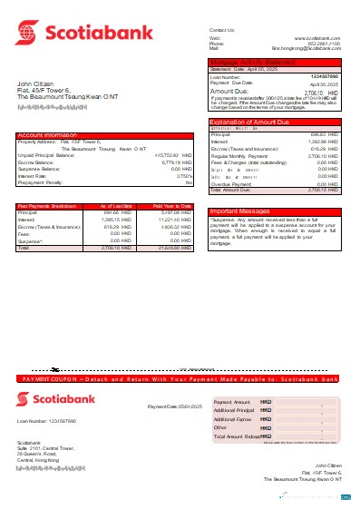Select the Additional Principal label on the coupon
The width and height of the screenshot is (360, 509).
point(232,411)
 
